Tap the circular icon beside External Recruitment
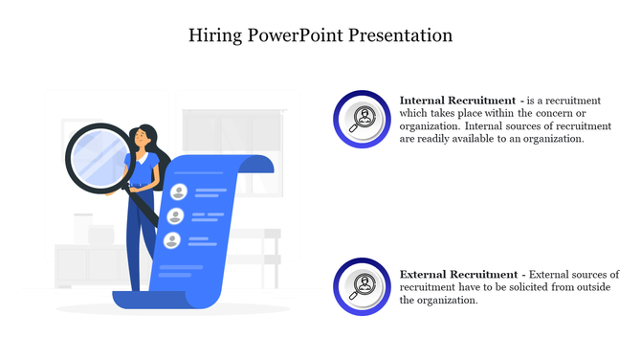[x=362, y=286]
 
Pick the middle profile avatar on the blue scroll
[x=176, y=216]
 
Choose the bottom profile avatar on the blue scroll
[x=173, y=240]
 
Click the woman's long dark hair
[x=160, y=158]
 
